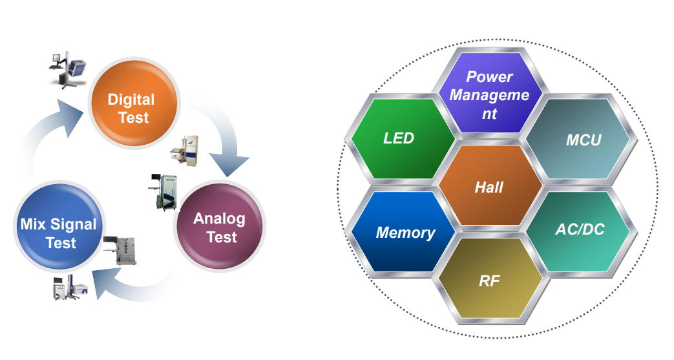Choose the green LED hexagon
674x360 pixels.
399,138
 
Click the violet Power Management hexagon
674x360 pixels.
489,94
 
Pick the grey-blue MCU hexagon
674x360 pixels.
579,139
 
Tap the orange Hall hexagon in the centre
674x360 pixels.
489,187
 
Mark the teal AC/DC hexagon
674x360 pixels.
579,229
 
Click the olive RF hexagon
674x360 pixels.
489,281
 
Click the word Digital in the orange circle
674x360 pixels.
131,100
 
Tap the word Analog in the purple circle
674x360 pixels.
219,218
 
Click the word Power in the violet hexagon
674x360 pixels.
489,77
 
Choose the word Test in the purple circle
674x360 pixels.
222,237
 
